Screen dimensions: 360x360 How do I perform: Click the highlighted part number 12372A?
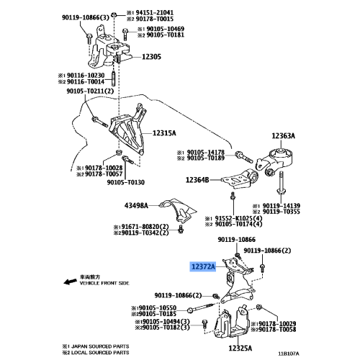tap(204, 266)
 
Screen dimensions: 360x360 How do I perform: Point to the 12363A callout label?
tap(287, 135)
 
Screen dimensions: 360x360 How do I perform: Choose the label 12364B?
tap(195, 181)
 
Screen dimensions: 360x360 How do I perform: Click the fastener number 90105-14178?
tap(204, 152)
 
